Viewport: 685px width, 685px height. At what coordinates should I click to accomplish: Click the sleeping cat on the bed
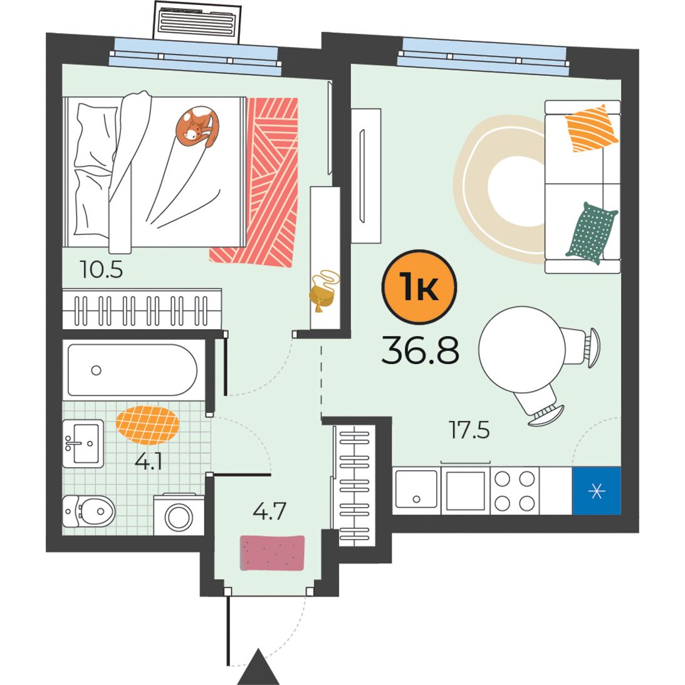(197, 125)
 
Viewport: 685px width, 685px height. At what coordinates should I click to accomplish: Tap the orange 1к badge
(419, 287)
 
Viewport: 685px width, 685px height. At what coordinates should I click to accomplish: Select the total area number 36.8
(421, 350)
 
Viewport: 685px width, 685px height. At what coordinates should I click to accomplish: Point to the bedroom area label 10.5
(102, 269)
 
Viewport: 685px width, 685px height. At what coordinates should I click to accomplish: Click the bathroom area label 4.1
(149, 461)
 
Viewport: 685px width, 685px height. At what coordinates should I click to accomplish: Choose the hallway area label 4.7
(269, 511)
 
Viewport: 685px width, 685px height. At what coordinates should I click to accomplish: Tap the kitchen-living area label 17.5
(469, 430)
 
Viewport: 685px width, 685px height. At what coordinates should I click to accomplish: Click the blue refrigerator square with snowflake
(596, 491)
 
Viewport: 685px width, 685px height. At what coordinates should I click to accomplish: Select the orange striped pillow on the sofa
(592, 128)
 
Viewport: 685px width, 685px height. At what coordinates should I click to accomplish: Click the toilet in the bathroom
(89, 511)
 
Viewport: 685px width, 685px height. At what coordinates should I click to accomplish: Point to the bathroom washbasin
(83, 444)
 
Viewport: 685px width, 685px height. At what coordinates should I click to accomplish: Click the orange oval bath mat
(148, 425)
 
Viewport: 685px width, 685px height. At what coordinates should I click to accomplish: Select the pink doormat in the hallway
(272, 553)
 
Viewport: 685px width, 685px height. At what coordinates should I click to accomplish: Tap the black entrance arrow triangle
(258, 667)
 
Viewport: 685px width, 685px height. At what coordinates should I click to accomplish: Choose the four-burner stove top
(515, 491)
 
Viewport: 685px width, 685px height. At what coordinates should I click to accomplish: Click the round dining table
(522, 350)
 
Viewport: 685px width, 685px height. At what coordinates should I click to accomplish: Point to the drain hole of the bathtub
(96, 370)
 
